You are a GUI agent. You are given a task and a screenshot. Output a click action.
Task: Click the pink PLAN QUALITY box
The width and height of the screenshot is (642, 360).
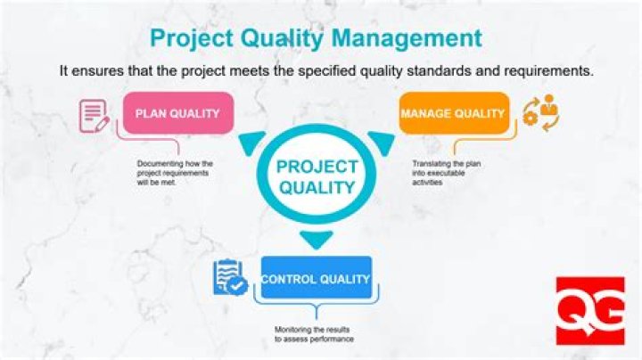(178, 113)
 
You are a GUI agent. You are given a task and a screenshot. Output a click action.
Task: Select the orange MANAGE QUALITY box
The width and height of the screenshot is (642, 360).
(454, 113)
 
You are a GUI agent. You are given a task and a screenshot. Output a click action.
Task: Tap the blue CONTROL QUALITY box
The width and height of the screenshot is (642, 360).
(316, 278)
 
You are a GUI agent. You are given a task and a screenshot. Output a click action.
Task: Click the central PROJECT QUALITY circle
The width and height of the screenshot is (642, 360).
(317, 174)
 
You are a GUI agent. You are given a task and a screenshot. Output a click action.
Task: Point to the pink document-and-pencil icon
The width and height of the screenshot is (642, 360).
(95, 116)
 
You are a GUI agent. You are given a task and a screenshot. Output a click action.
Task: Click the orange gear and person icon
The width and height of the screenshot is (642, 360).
(540, 113)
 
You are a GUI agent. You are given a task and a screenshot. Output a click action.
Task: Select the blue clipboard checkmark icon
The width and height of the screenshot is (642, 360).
(231, 277)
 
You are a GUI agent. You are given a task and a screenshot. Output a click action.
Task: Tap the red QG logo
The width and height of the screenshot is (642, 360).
(590, 311)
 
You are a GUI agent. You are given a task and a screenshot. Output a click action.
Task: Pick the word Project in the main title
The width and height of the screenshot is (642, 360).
(192, 39)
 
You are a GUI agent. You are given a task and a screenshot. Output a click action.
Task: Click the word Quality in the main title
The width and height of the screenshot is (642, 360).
(282, 39)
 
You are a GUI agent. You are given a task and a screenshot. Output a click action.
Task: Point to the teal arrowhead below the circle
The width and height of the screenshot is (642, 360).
(316, 240)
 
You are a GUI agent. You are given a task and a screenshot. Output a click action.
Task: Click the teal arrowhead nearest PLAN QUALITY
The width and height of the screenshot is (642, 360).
(251, 143)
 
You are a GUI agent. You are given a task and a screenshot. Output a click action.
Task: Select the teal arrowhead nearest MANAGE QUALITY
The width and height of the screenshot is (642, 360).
(383, 143)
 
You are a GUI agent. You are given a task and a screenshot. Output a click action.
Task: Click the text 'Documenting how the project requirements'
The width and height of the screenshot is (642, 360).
(175, 168)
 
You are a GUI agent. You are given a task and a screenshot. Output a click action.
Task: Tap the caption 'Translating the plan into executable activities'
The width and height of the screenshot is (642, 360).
(447, 173)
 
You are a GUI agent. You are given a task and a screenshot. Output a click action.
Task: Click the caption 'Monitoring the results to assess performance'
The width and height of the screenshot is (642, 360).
(314, 334)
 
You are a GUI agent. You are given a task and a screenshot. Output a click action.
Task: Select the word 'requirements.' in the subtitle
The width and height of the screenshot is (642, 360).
(548, 71)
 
